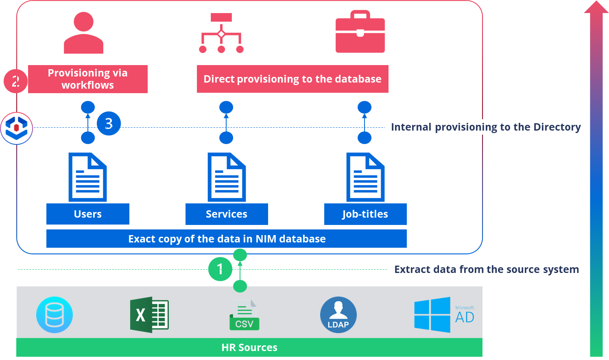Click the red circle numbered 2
pos(15,81)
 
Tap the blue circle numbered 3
pos(109,123)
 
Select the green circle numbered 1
pos(220,269)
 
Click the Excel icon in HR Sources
pos(149,315)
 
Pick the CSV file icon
pos(244,315)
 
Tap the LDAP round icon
pos(338,315)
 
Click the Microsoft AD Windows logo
pos(432,315)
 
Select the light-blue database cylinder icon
pos(55,315)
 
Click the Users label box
pos(88,214)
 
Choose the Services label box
pos(227,214)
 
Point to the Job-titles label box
pos(365,214)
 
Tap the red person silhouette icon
pos(83,33)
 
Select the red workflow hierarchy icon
pos(221,33)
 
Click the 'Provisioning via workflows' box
pos(88,79)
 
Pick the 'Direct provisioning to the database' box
pos(292,79)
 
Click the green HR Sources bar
pos(249,347)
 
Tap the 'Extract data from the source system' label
pos(487,269)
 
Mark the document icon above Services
pos(227,177)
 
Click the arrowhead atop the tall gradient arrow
pos(596,8)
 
